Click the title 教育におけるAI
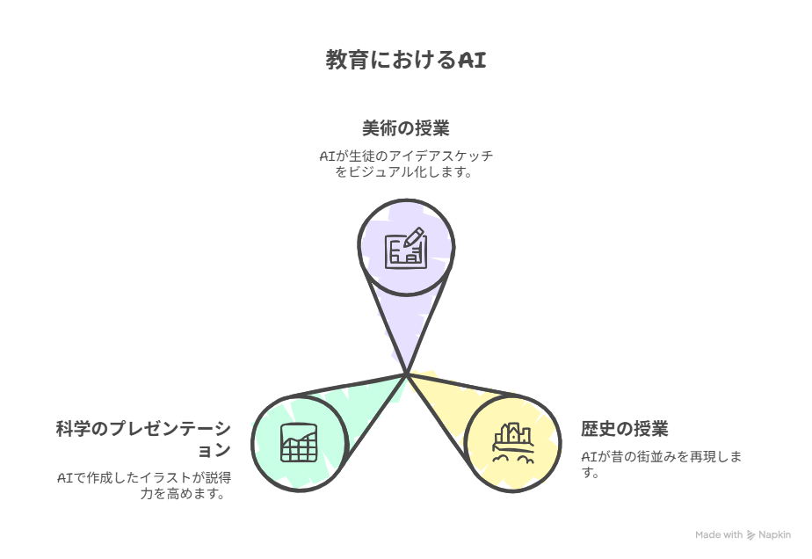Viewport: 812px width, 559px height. pyautogui.click(x=406, y=60)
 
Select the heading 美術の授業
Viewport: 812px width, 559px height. pyautogui.click(x=406, y=128)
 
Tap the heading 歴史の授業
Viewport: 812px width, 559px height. pyautogui.click(x=625, y=428)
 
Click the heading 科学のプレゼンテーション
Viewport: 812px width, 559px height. pyautogui.click(x=143, y=439)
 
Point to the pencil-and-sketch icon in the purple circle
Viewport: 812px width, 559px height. pyautogui.click(x=406, y=248)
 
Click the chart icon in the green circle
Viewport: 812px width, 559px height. pyautogui.click(x=299, y=443)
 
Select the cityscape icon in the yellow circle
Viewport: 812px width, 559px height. pyautogui.click(x=513, y=443)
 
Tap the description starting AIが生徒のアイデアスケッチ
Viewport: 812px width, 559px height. pyautogui.click(x=406, y=163)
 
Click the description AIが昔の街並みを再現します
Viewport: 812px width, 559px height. pyautogui.click(x=662, y=464)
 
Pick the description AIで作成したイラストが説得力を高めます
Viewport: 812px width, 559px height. pyautogui.click(x=144, y=485)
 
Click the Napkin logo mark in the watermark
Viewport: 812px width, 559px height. pyautogui.click(x=750, y=535)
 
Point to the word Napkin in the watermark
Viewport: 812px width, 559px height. pyautogui.click(x=775, y=534)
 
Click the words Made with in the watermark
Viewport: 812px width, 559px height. pyautogui.click(x=719, y=534)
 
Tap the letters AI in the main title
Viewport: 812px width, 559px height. pyautogui.click(x=472, y=60)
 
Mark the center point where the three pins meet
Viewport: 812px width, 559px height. pyautogui.click(x=407, y=374)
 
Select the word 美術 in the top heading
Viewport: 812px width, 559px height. pyautogui.click(x=380, y=128)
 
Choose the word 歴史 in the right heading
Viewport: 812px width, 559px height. pyautogui.click(x=598, y=428)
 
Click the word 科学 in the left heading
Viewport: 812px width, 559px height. pyautogui.click(x=73, y=428)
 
